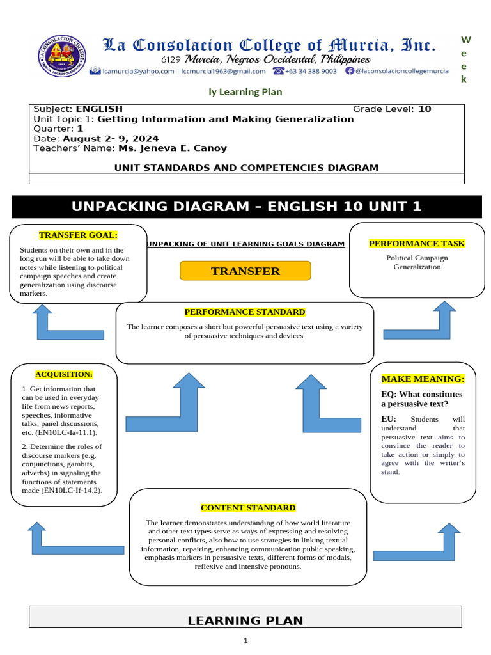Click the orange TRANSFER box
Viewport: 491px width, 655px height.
[245, 271]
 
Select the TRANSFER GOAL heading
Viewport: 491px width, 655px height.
[79, 235]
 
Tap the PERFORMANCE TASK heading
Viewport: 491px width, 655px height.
[417, 244]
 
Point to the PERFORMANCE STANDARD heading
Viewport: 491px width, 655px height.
[245, 312]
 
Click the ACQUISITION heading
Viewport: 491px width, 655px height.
[64, 374]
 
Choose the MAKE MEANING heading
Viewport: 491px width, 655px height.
[423, 379]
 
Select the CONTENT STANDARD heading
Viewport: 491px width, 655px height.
[248, 508]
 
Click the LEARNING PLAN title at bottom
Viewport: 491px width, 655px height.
[245, 620]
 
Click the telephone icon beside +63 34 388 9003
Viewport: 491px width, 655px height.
[278, 72]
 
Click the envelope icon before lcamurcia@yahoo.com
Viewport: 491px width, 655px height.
[95, 72]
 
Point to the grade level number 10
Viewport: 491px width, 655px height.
[425, 109]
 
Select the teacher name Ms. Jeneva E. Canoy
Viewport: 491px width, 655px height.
[172, 148]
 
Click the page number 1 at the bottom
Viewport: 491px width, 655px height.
[245, 640]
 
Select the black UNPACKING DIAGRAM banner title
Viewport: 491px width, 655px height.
[247, 207]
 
